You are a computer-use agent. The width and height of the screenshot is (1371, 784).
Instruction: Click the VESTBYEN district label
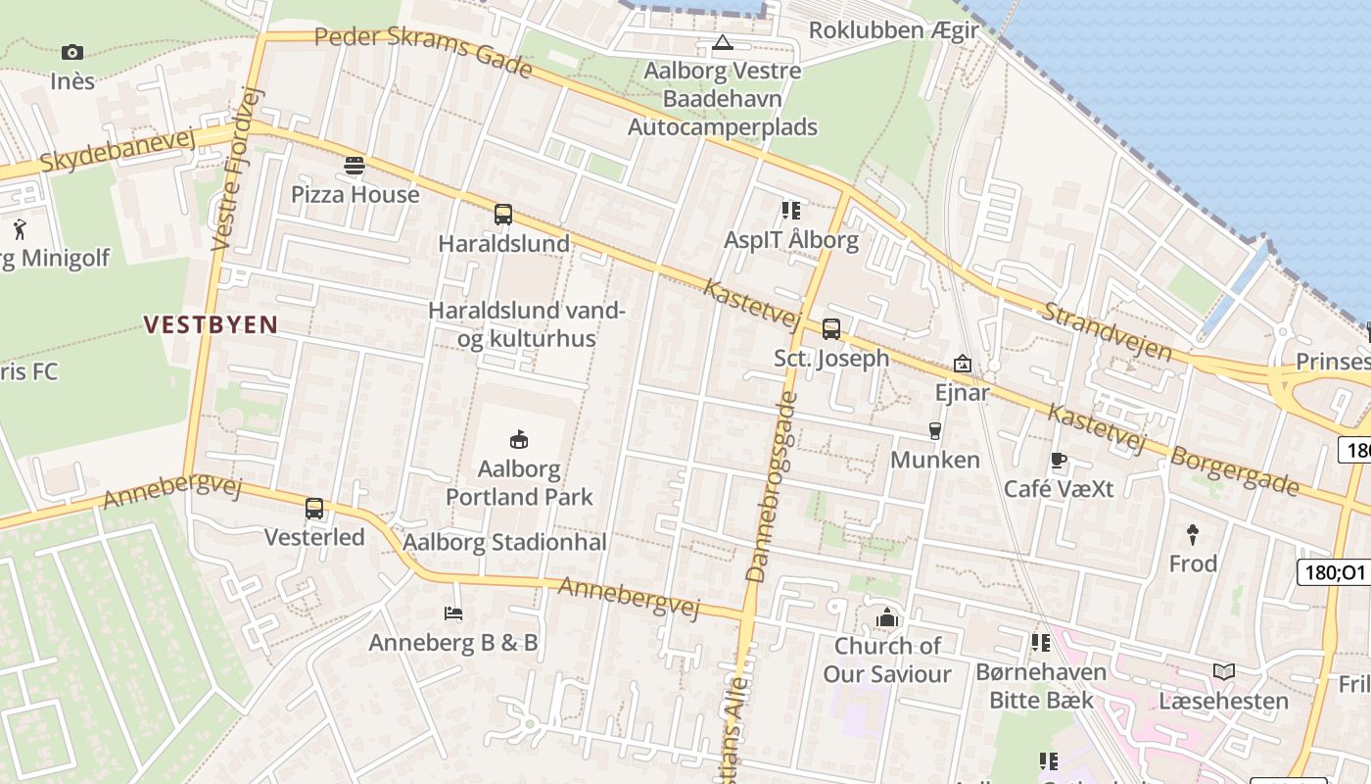pyautogui.click(x=211, y=324)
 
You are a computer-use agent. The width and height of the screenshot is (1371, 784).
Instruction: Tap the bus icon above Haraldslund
pyautogui.click(x=503, y=214)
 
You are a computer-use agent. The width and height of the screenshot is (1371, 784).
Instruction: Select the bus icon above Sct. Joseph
pyautogui.click(x=831, y=328)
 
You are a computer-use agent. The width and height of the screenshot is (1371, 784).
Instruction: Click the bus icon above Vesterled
pyautogui.click(x=314, y=508)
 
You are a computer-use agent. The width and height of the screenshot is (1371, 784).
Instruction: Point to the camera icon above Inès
pyautogui.click(x=71, y=52)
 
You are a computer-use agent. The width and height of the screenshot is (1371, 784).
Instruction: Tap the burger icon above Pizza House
pyautogui.click(x=355, y=166)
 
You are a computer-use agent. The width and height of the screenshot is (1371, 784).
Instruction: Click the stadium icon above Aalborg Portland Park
pyautogui.click(x=519, y=439)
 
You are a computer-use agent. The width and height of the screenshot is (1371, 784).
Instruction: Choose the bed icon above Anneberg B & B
pyautogui.click(x=453, y=613)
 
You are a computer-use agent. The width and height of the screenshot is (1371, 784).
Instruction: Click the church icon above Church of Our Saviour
pyautogui.click(x=887, y=617)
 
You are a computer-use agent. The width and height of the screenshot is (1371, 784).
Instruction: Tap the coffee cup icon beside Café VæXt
pyautogui.click(x=1058, y=460)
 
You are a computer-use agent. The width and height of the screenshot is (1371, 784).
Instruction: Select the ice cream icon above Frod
pyautogui.click(x=1193, y=534)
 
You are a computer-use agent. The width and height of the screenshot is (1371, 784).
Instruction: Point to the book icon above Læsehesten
pyautogui.click(x=1224, y=671)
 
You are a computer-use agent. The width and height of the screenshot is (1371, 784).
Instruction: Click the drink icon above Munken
pyautogui.click(x=934, y=430)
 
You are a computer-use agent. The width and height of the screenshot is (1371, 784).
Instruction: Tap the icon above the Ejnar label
pyautogui.click(x=963, y=364)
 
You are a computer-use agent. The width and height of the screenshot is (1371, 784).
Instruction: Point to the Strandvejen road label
pyautogui.click(x=1107, y=330)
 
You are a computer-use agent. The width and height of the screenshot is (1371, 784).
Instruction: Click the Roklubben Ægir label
pyautogui.click(x=893, y=30)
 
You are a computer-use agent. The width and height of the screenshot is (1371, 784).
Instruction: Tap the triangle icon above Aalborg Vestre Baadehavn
pyautogui.click(x=723, y=42)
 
